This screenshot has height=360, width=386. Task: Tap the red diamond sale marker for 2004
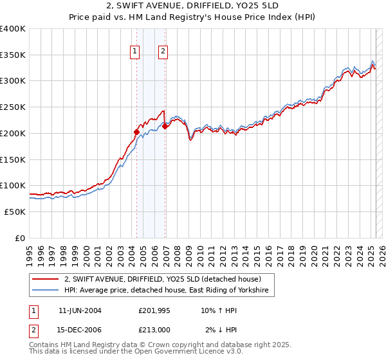pos(136,132)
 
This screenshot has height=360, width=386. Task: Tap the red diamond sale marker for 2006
pos(165,127)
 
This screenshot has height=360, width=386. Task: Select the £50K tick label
pos(15,212)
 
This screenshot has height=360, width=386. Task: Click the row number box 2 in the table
pos(33,330)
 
